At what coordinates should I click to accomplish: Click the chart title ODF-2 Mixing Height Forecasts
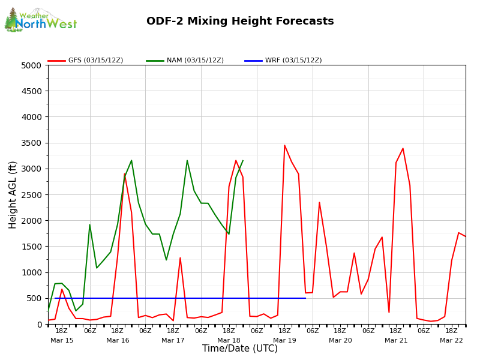point(240,22)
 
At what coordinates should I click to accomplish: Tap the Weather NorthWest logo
point(40,20)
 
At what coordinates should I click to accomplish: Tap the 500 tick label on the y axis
point(35,298)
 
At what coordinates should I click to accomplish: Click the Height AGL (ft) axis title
point(13,194)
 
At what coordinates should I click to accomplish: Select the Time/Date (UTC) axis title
point(240,349)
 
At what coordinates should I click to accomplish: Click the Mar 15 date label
point(62,340)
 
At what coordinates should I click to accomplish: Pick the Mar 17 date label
point(173,340)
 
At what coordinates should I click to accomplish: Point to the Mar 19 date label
point(284,340)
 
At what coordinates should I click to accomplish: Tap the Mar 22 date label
point(451,340)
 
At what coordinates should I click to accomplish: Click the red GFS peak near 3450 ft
point(284,145)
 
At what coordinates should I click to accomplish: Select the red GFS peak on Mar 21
point(403,148)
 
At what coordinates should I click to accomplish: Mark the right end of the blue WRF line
point(305,298)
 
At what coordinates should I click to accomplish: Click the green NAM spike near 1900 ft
point(90,225)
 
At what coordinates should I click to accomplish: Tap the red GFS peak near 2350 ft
point(319,202)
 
